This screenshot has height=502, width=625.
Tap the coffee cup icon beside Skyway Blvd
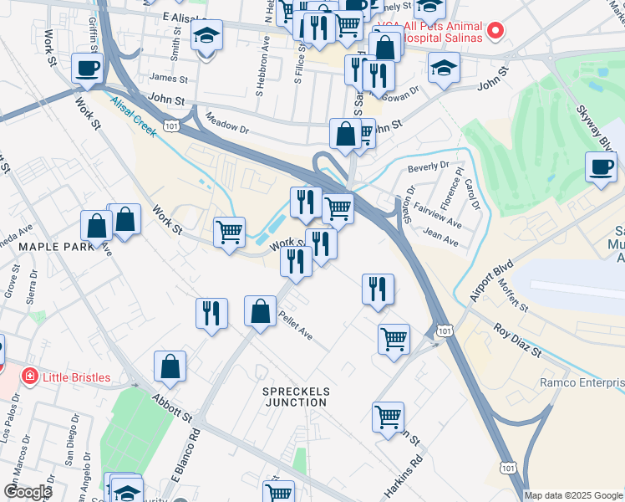601,166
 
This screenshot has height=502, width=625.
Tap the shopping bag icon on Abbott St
170,366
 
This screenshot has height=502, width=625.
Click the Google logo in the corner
28,492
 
